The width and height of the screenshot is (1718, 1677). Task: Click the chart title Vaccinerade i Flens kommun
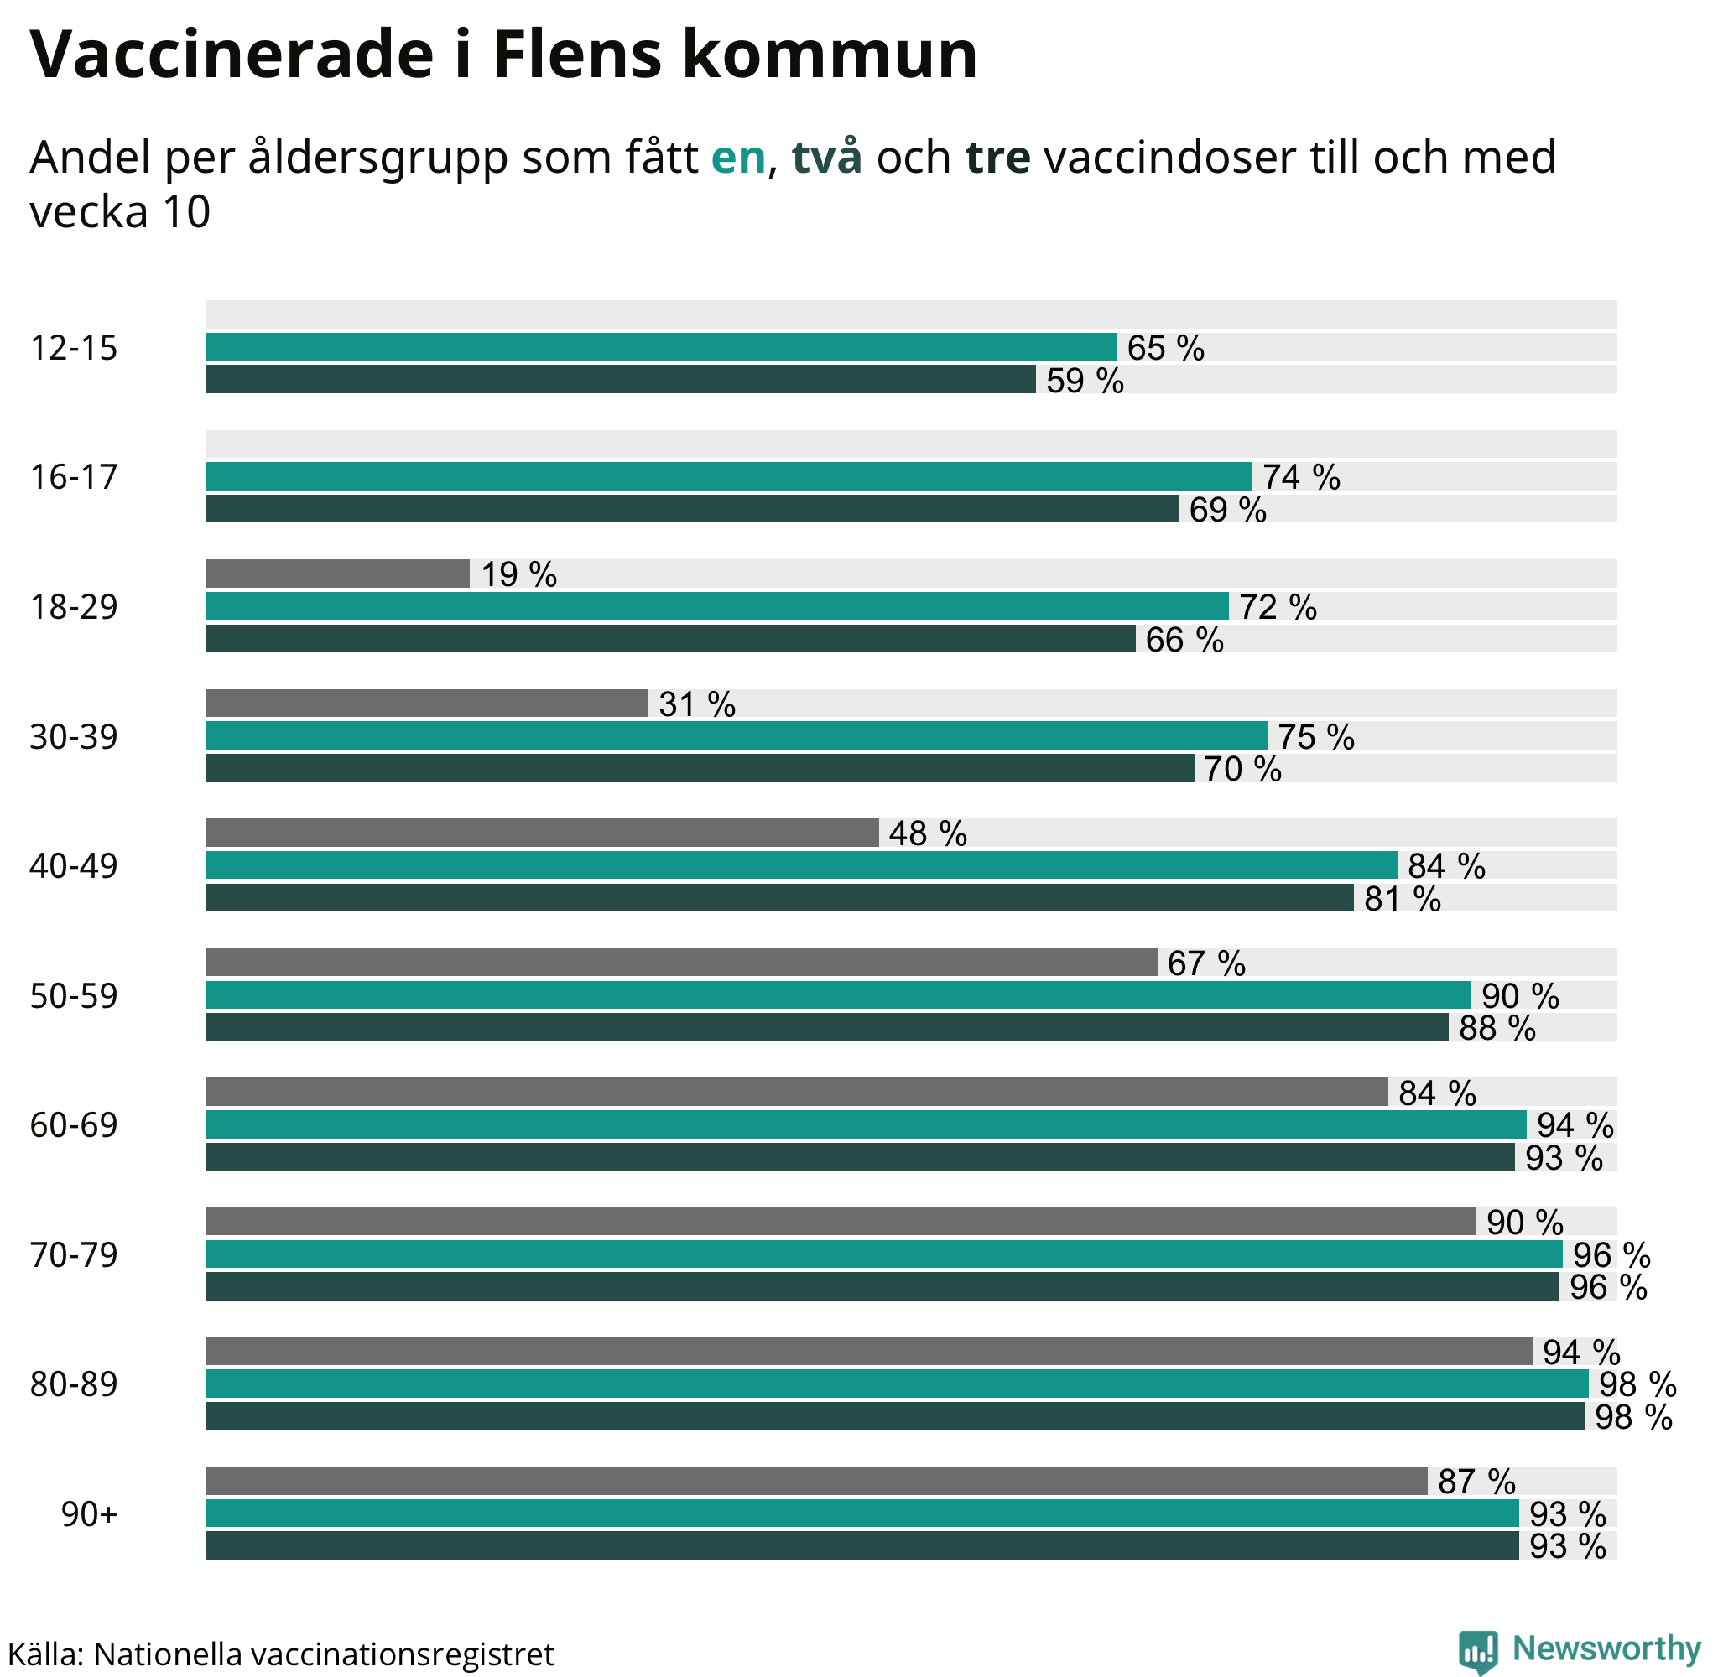click(503, 55)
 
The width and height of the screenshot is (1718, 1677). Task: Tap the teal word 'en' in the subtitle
click(738, 158)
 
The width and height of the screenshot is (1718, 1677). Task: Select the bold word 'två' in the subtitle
click(826, 158)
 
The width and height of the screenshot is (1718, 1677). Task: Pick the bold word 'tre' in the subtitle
click(997, 158)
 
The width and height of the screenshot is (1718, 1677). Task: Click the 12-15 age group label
click(74, 349)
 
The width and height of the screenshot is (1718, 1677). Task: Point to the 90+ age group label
click(89, 1514)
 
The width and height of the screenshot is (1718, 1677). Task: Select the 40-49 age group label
click(74, 867)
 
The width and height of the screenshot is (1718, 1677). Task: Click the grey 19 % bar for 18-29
click(337, 574)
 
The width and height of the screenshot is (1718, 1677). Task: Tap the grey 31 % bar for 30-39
click(427, 703)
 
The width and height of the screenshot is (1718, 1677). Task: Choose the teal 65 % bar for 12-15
click(661, 347)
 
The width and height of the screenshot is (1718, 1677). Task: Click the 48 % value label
click(928, 833)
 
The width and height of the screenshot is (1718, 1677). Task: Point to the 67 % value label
click(1206, 963)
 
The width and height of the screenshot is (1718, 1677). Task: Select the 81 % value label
click(1403, 899)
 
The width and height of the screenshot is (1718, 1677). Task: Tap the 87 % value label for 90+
click(1476, 1482)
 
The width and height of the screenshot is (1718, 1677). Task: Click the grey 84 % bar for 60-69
click(796, 1093)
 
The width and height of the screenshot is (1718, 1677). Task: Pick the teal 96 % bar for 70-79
click(883, 1254)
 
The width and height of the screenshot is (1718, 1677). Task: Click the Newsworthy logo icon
click(1478, 1649)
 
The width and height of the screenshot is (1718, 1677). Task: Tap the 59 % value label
click(1085, 382)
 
